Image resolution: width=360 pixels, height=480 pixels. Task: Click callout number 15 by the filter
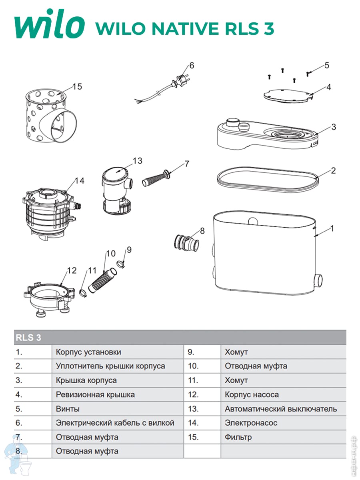[77, 86]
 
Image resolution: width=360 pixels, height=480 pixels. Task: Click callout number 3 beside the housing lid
[334, 127]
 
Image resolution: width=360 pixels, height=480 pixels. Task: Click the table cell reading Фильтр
[238, 437]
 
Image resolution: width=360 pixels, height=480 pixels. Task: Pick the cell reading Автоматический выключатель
[281, 409]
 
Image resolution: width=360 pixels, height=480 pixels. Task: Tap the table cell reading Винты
[68, 409]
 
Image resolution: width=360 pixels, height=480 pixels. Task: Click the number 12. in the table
[194, 395]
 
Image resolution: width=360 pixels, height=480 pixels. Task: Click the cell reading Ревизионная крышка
[95, 395]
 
